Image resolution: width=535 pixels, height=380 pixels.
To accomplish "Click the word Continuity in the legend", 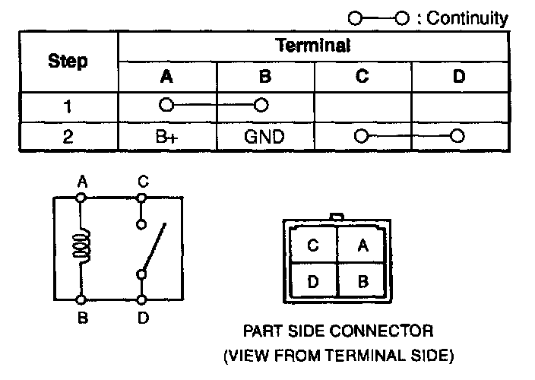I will coord(467,18).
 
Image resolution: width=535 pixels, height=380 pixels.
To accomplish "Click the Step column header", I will coord(68,61).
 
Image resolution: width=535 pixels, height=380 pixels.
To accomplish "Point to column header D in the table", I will coord(458,76).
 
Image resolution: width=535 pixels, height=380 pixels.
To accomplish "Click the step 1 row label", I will coord(68,106).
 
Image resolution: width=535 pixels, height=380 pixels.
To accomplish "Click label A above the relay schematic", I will coord(82,182).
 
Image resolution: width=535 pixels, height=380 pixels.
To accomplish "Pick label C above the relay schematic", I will coord(142,182).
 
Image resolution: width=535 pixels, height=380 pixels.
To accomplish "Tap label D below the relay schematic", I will coord(143,318).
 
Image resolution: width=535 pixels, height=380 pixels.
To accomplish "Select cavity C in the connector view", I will coord(313,245).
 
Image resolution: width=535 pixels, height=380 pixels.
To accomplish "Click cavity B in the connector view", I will coord(362,282).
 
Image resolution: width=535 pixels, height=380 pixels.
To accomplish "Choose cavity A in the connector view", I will coord(362,245).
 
